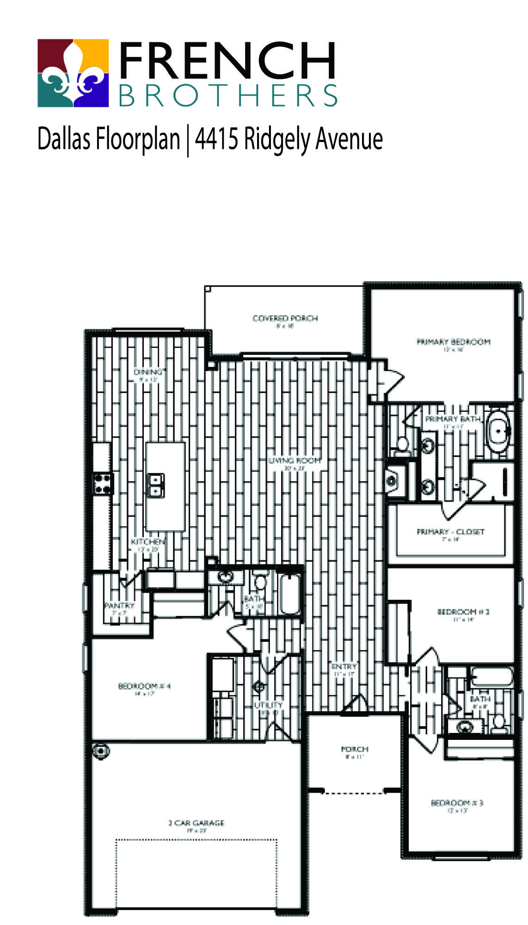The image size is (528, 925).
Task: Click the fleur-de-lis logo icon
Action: pos(73,73)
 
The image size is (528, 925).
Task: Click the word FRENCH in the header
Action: pos(227,61)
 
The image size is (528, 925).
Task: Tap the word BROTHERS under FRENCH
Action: pos(228,96)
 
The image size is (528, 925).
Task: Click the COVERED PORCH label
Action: pos(285,318)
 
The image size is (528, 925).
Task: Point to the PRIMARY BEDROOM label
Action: pos(453,342)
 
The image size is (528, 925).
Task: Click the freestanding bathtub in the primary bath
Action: pos(498,431)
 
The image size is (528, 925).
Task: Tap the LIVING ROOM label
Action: pos(295,460)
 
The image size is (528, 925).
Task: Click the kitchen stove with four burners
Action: pos(103,484)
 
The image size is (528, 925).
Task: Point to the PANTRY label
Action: pos(119,605)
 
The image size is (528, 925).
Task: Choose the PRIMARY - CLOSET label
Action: pos(450,532)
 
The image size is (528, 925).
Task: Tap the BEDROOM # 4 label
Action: pos(144,686)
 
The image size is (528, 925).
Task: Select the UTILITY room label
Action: pos(268,705)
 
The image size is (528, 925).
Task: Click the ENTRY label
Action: pos(344,666)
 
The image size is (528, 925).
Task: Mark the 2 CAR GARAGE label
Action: pos(196,823)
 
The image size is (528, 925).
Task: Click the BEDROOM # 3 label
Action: pos(457,803)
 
